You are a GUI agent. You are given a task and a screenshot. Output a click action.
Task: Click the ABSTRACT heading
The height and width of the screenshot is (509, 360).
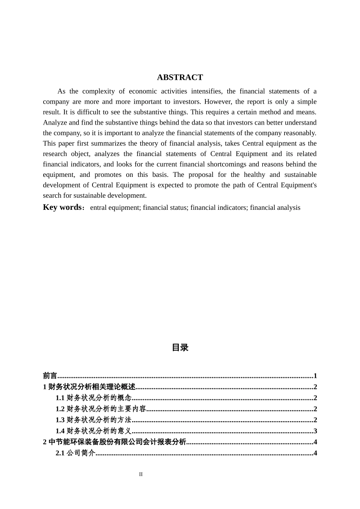(x=180, y=77)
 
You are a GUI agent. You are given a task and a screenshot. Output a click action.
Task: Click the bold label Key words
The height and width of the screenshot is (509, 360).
(x=62, y=207)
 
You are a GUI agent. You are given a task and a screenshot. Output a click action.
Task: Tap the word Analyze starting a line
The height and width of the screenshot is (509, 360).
(x=55, y=122)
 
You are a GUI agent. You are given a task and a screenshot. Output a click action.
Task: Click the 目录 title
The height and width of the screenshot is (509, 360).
(x=180, y=347)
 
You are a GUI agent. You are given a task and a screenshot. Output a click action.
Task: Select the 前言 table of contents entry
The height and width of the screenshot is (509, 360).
(x=50, y=376)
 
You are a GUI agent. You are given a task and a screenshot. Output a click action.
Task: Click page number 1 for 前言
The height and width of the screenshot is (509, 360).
(x=315, y=376)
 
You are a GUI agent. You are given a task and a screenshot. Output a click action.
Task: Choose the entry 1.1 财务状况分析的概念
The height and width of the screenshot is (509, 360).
(x=94, y=398)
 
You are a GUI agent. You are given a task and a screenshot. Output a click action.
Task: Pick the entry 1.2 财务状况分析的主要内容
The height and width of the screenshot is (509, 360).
(x=101, y=409)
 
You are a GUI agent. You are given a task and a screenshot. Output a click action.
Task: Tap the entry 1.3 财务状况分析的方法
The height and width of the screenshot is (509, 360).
(x=94, y=420)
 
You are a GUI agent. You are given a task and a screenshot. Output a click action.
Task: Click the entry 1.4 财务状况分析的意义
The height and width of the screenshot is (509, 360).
(x=94, y=431)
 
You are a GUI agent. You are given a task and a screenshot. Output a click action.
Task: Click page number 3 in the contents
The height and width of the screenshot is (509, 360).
(x=315, y=431)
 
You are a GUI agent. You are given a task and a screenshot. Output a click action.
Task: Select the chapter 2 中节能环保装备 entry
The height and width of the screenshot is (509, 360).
(x=114, y=442)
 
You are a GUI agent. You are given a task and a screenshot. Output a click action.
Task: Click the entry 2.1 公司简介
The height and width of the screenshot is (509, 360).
(x=75, y=453)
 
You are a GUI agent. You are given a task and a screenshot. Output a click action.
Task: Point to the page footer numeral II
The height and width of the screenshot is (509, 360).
(x=141, y=474)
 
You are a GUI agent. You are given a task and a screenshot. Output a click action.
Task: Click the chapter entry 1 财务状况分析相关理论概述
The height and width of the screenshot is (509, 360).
(x=89, y=387)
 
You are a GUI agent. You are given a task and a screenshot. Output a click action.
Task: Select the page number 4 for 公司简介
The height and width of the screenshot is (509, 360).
(x=315, y=453)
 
